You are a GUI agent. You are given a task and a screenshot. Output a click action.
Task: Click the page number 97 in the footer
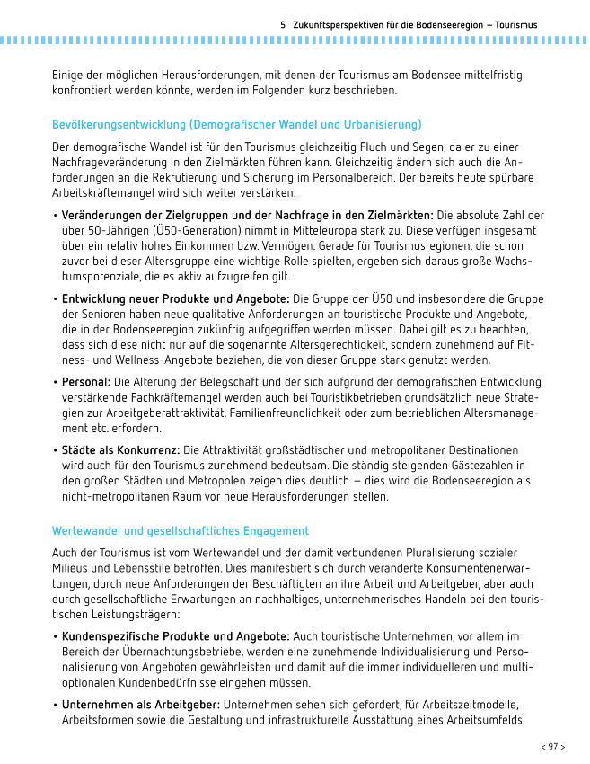pos(552,746)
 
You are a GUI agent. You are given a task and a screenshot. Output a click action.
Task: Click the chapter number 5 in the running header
pos(283,25)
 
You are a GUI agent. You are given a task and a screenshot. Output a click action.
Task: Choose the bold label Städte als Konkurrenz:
pos(120,449)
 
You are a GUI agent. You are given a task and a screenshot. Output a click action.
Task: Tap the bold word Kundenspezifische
pos(113,636)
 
